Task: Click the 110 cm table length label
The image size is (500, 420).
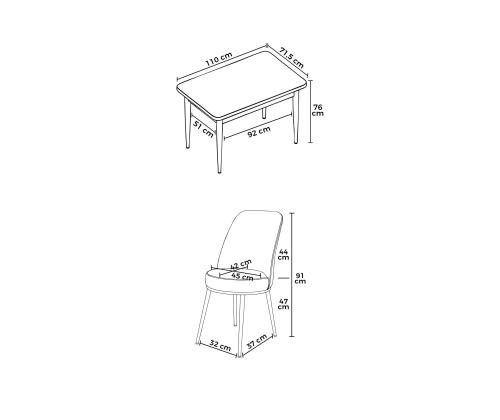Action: [219, 59]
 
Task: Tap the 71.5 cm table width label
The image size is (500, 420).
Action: [292, 58]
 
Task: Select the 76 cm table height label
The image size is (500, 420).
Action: [318, 110]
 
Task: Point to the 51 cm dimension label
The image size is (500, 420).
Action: [203, 129]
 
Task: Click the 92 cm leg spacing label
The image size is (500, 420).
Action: [259, 132]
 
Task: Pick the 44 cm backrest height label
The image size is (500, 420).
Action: [283, 254]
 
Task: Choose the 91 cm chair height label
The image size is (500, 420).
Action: [300, 278]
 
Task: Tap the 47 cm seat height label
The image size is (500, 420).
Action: [283, 304]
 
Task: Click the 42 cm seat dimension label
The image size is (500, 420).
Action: [241, 264]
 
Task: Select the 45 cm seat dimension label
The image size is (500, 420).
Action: [242, 276]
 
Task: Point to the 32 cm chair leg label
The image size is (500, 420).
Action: [220, 345]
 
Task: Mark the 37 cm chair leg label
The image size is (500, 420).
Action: [257, 341]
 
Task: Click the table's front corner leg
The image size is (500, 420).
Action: [219, 147]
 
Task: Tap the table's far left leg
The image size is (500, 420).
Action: [187, 123]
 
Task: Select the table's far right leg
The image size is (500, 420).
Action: [296, 118]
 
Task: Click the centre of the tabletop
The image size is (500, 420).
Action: [242, 85]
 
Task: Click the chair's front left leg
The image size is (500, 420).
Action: [202, 317]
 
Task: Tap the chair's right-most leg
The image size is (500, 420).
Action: [271, 313]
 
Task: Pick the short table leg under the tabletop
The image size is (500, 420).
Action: [264, 113]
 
